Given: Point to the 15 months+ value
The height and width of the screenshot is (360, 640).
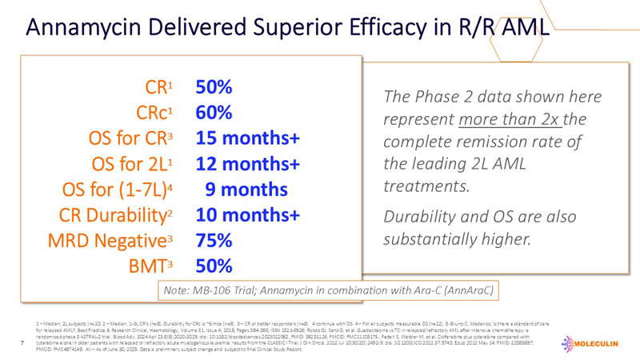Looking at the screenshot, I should point(248,138).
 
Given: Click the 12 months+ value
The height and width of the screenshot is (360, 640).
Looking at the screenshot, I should point(248,164).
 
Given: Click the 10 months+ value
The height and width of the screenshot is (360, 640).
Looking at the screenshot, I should point(248,215).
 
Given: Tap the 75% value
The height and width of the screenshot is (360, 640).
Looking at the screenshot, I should point(214,241).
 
